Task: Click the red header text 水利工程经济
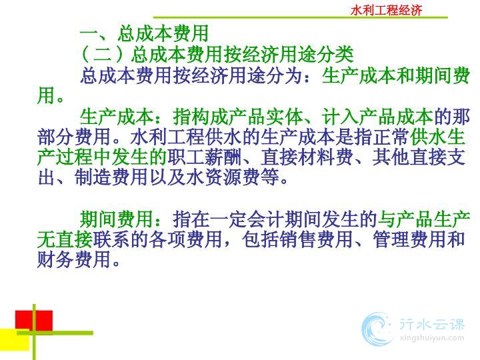[x=386, y=11]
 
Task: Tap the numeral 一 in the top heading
[x=89, y=33]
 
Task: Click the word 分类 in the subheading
[x=335, y=54]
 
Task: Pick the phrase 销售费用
[x=315, y=239]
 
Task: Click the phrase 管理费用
[x=409, y=239]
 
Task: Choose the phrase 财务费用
[x=74, y=259]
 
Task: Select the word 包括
[x=260, y=239]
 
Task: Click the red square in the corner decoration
[x=34, y=321]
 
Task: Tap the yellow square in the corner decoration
[x=15, y=339]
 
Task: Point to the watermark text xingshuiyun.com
[x=432, y=339]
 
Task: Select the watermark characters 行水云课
[x=432, y=324]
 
